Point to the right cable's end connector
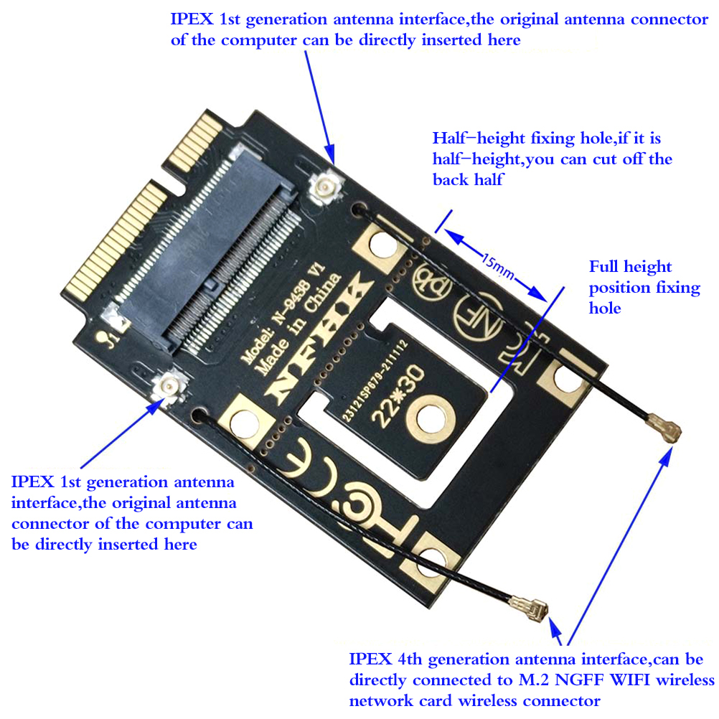click(x=667, y=431)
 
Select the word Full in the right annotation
click(x=604, y=267)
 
